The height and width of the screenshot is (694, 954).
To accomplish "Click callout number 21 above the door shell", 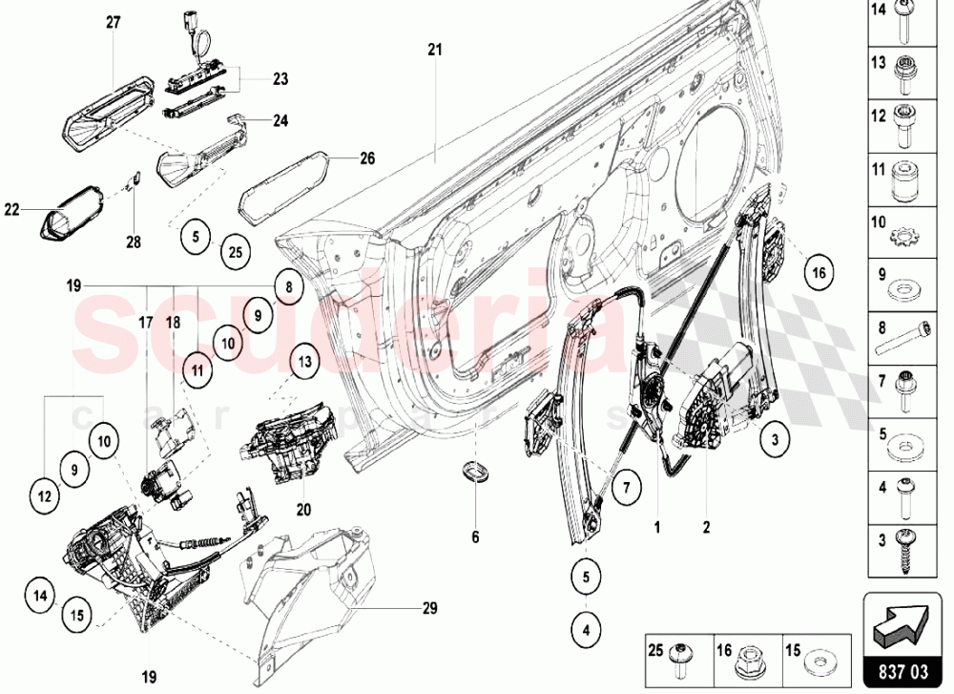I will (x=435, y=49).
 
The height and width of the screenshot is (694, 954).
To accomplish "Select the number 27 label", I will (x=113, y=23).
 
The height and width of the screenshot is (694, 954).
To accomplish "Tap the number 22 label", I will (x=10, y=209).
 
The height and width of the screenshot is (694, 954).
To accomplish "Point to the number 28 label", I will (x=134, y=242).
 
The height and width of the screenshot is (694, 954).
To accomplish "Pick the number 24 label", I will (x=280, y=121).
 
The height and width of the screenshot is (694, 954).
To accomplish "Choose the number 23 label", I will (x=280, y=79).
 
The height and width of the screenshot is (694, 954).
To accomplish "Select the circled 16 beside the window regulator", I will (x=817, y=272).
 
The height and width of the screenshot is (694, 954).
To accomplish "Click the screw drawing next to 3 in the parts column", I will (x=902, y=551).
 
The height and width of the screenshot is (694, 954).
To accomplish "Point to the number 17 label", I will (x=146, y=323).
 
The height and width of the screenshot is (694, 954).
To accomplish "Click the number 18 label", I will (x=173, y=323).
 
